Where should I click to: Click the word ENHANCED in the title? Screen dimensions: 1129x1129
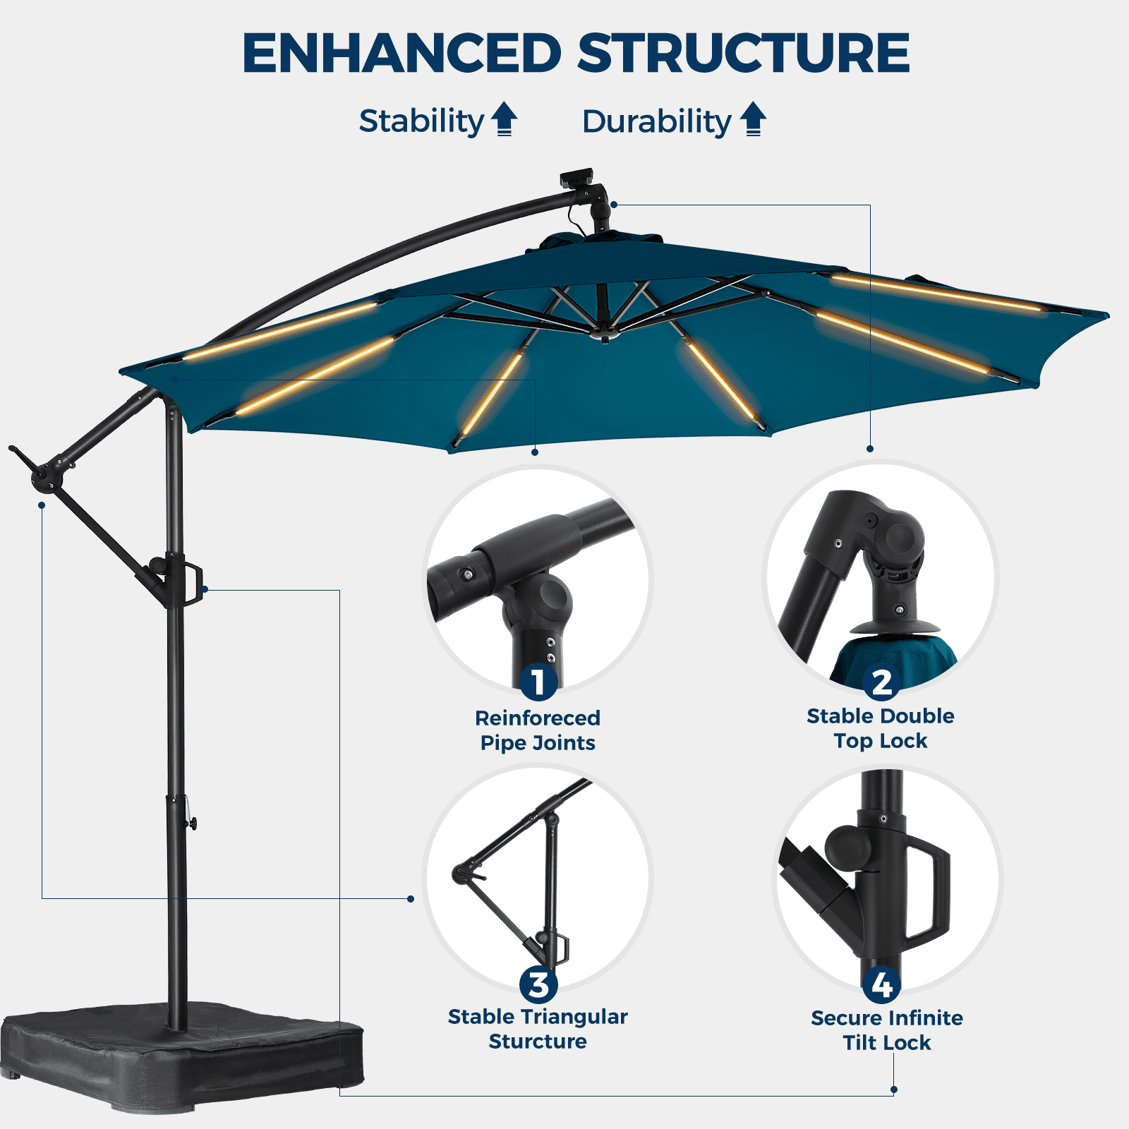tap(402, 54)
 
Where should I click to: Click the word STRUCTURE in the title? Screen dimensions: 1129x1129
tap(744, 54)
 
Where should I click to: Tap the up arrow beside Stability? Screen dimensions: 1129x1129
tap(504, 119)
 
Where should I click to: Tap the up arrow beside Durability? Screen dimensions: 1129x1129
tap(754, 119)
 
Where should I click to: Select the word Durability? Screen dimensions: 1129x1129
tap(657, 122)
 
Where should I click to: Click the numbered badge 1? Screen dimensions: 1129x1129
tap(538, 682)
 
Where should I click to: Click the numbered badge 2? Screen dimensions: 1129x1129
tap(881, 682)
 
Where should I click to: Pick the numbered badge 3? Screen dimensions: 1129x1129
tap(538, 985)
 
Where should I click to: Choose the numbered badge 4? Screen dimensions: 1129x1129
tap(881, 985)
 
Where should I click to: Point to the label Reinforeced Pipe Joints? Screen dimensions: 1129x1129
tap(538, 730)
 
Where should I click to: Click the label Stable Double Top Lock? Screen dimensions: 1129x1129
tap(881, 728)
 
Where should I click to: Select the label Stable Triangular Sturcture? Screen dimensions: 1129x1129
tap(538, 1029)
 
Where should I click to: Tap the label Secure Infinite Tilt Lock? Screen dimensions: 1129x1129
tap(887, 1030)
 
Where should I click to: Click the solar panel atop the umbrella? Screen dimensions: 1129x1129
tap(576, 177)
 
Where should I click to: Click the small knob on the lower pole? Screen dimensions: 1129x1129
tap(191, 823)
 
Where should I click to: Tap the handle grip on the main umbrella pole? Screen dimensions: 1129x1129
tap(193, 583)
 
